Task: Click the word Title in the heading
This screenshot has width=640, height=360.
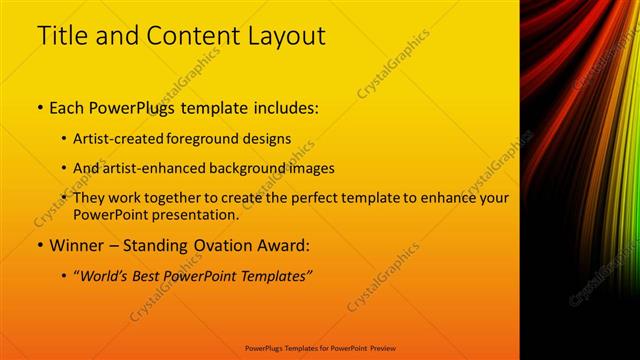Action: coord(61,36)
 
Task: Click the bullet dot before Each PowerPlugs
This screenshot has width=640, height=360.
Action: coord(39,107)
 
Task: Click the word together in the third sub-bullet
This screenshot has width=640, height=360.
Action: coord(171,198)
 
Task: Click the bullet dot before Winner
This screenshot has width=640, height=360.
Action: coord(39,245)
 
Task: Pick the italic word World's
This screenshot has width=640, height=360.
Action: coord(105,276)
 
